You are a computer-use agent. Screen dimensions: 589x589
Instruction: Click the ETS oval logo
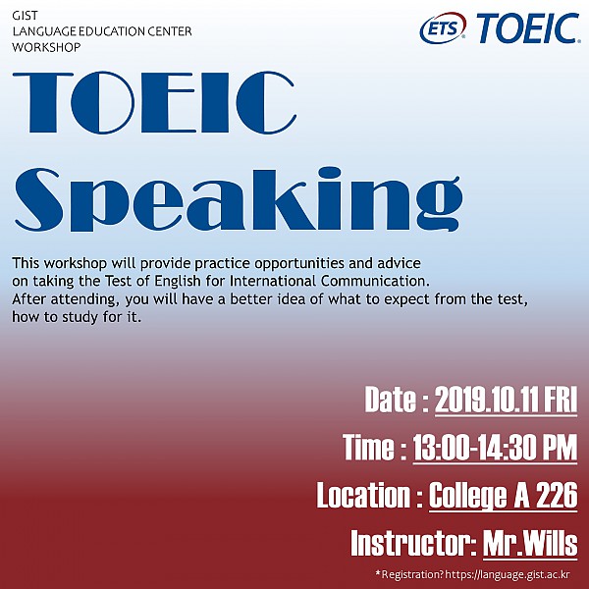click(444, 29)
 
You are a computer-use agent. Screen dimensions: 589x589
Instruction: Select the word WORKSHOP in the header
click(46, 46)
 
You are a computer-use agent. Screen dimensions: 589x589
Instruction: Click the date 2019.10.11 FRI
click(506, 401)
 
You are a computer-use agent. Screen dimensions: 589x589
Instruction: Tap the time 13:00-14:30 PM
click(495, 448)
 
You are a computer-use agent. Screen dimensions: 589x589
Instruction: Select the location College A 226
click(503, 496)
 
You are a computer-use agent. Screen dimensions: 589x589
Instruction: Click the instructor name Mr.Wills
click(530, 543)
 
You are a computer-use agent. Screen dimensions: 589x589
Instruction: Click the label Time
click(368, 448)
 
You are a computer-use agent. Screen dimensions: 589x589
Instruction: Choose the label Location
click(361, 496)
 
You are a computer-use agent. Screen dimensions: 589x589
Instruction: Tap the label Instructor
click(406, 543)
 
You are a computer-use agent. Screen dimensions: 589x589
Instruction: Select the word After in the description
click(28, 299)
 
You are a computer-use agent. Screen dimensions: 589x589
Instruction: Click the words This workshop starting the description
click(53, 264)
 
